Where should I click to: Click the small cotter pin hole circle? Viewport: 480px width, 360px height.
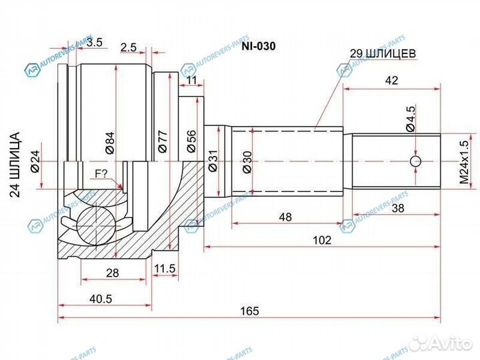(x=415, y=162)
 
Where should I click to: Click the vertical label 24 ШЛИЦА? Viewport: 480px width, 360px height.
(x=18, y=164)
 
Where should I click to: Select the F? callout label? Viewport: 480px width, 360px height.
(x=101, y=175)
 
